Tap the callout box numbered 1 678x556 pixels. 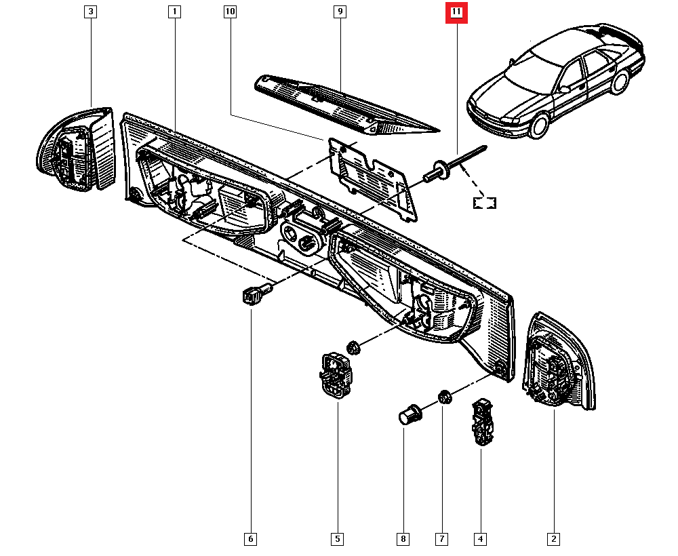coord(175,12)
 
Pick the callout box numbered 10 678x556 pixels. coord(230,12)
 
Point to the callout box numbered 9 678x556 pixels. coord(340,12)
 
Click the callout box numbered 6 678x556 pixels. coord(251,539)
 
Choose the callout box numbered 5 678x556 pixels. coord(337,539)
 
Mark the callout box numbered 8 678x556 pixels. coord(403,539)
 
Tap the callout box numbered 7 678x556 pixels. coord(442,539)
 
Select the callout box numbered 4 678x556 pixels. coord(481,539)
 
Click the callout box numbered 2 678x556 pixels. coord(554,539)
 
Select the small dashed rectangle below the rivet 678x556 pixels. coord(485,202)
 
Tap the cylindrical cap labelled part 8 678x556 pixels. coord(409,413)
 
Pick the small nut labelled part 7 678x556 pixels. coord(445,397)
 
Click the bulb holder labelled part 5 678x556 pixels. coord(336,376)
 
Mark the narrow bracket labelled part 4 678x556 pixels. coord(483,422)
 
